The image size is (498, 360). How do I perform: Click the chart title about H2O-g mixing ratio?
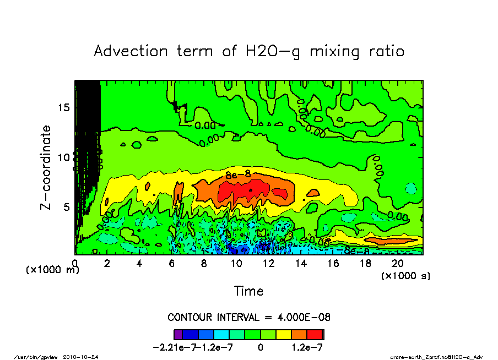tap(249, 51)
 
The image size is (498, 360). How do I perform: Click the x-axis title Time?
tap(248, 291)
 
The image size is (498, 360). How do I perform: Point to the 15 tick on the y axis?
tap(64, 107)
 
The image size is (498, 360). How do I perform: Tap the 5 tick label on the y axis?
tap(67, 207)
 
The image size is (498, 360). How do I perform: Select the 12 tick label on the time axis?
tap(268, 264)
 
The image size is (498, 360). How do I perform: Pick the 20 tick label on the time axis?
tap(397, 264)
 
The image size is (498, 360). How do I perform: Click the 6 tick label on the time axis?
tap(172, 264)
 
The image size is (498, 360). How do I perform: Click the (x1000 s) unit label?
tap(405, 275)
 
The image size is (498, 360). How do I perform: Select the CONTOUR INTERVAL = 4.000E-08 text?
tap(248, 318)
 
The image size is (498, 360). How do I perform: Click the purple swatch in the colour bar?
tap(177, 334)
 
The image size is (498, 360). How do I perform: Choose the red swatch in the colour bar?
tap(315, 334)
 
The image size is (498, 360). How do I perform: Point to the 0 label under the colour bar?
tap(260, 347)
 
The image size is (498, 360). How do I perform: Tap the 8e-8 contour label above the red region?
tap(238, 174)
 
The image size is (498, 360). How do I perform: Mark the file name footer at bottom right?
tap(436, 357)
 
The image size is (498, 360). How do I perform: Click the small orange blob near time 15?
tap(313, 193)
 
